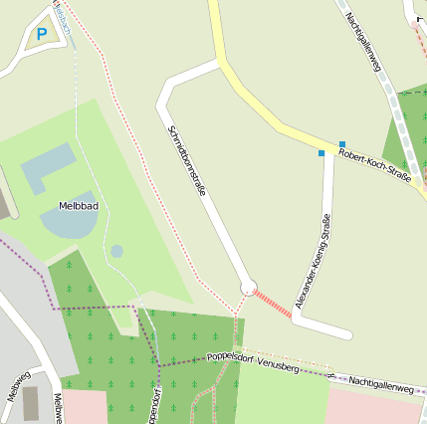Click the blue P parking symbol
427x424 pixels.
pos(41,34)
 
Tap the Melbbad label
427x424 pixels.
pos(64,206)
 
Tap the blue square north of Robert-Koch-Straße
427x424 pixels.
pos(341,144)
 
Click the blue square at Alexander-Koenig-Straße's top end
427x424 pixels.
pos(321,153)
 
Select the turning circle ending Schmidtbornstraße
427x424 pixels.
pos(248,287)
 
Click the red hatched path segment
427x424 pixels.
pos(273,304)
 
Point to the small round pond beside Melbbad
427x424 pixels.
pos(116,251)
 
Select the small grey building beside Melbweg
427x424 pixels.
pos(32,403)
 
